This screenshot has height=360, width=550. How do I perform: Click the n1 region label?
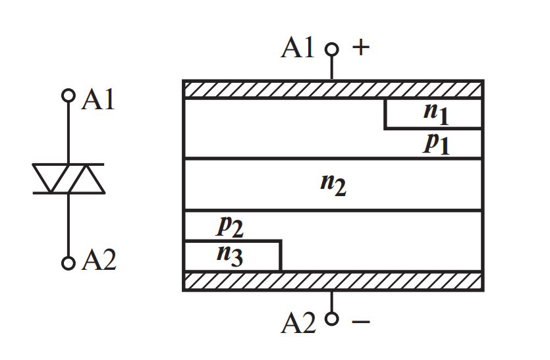coord(435,113)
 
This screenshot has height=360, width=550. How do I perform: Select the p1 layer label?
coord(435,143)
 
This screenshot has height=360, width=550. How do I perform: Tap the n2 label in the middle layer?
coord(333,184)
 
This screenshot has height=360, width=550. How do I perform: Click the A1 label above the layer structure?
coord(298,49)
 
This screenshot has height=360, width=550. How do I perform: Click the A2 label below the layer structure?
coord(298,322)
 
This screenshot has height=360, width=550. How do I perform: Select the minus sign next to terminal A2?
coord(360,322)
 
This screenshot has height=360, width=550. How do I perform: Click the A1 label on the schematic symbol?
coord(98,100)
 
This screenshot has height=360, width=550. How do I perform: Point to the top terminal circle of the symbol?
coord(68,96)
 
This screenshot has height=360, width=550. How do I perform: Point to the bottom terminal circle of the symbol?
coord(68,263)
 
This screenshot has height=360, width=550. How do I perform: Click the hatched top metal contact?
coord(333,89)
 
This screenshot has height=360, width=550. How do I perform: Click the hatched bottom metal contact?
coord(333,280)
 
